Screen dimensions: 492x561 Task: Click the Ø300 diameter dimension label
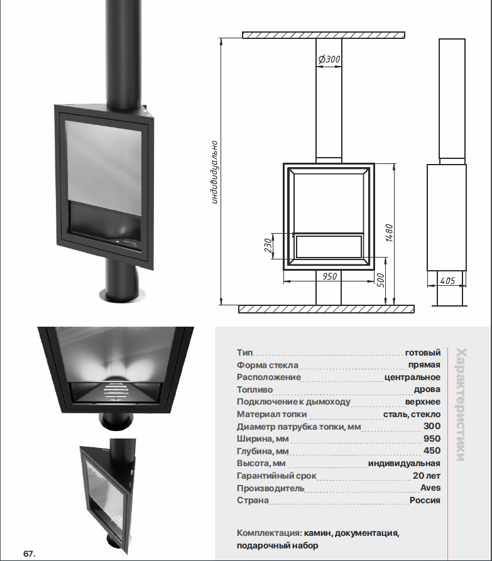329,59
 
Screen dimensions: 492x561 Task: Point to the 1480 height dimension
390,233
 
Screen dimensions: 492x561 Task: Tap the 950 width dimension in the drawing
329,276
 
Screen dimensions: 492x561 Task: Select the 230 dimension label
268,245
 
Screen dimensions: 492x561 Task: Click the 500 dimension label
381,280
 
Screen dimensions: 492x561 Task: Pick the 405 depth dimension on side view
447,280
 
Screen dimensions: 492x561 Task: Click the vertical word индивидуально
214,173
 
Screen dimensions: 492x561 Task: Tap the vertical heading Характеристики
461,404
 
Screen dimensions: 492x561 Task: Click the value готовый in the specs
423,353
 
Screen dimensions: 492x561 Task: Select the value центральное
412,377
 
